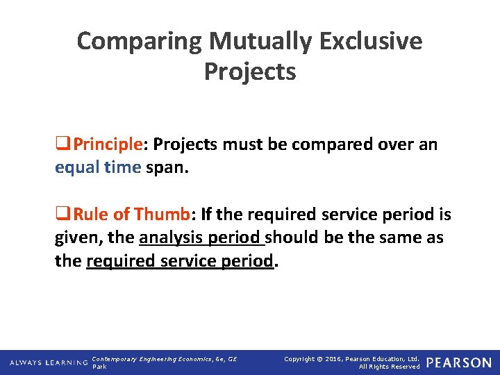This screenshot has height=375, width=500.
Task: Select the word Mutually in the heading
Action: [253, 41]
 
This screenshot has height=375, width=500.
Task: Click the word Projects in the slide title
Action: [250, 72]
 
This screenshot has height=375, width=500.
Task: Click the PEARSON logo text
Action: [458, 362]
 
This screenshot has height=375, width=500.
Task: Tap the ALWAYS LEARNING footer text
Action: [48, 362]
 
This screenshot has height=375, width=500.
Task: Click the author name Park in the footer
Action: [100, 367]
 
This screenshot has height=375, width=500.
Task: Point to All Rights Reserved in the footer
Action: [389, 367]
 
